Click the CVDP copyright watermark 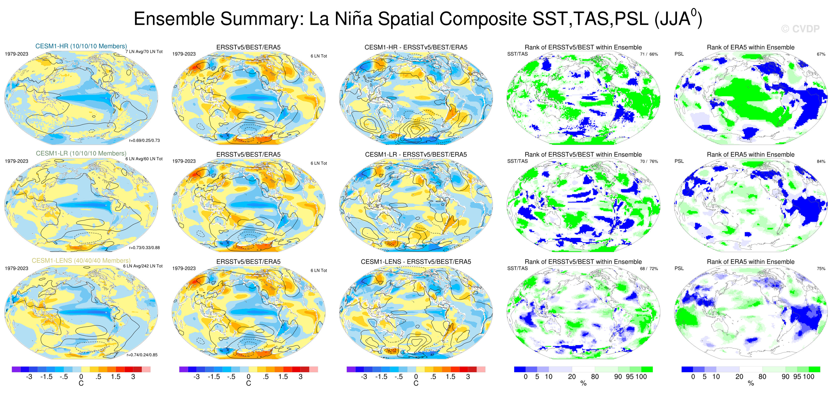[x=800, y=29]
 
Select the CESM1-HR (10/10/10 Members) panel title [x=81, y=46]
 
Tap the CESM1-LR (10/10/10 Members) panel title [x=81, y=153]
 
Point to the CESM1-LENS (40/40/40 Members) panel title [x=81, y=261]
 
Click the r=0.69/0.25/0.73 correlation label [x=144, y=140]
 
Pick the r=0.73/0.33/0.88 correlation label [x=144, y=248]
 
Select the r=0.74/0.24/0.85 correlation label [x=142, y=355]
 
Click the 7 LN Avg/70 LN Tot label [x=144, y=52]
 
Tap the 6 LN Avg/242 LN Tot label [x=143, y=266]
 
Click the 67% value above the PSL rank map [x=821, y=54]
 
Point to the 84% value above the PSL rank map [x=821, y=162]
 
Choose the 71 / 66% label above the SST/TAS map [x=649, y=54]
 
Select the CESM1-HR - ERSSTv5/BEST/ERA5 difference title [x=416, y=47]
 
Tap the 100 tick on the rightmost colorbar [x=808, y=377]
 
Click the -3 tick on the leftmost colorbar [x=29, y=377]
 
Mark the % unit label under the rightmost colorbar [x=751, y=383]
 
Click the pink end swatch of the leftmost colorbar [x=146, y=369]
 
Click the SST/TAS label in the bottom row [x=517, y=268]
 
